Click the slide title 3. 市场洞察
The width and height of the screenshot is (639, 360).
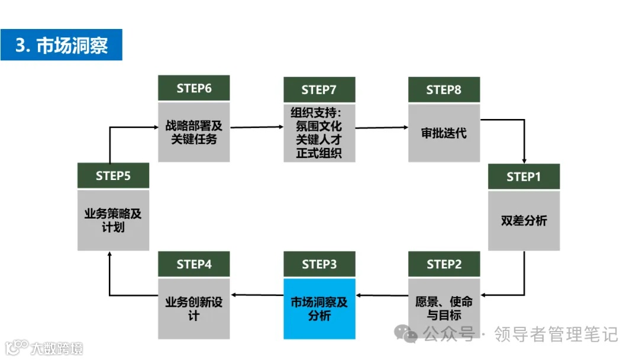62,45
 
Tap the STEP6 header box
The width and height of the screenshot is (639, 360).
193,88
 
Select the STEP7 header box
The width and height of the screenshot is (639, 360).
319,89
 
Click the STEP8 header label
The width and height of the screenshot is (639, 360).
444,89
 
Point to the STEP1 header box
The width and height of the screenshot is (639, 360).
524,176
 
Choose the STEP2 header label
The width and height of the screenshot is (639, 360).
444,264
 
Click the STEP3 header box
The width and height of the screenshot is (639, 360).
319,264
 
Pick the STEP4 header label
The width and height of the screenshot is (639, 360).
193,264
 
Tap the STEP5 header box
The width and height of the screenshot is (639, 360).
113,175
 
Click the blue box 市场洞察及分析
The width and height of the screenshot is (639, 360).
319,308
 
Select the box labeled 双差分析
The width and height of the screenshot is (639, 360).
524,220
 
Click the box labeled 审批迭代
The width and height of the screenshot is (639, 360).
444,133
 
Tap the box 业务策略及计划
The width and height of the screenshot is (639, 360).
113,220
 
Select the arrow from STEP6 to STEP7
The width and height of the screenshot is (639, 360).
256,127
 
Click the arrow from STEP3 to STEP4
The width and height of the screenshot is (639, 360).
256,294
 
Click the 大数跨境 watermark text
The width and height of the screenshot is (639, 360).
57,348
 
